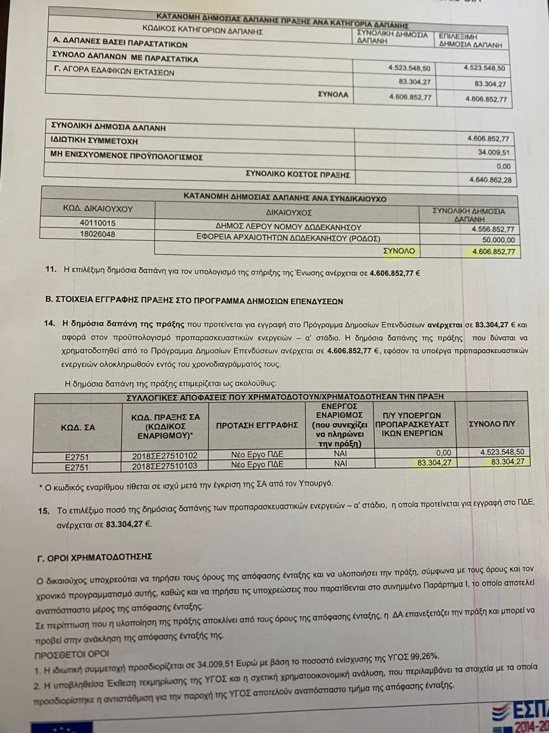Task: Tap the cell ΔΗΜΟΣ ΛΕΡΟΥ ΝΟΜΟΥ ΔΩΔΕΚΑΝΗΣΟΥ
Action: tap(288, 227)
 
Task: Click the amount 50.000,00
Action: tap(498, 240)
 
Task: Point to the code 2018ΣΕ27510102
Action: tap(165, 456)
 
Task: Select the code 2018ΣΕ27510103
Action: tap(165, 467)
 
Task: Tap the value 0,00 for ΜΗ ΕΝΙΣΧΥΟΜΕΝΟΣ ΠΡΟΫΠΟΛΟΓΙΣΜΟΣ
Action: tap(503, 166)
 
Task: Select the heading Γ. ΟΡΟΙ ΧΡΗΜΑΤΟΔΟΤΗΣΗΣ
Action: tap(95, 557)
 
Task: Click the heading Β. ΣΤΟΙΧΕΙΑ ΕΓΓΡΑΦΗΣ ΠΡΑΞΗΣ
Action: tap(194, 301)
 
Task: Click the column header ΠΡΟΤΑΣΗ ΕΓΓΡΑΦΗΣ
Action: tap(257, 425)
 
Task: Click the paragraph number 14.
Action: tap(49, 324)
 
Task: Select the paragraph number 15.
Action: tap(44, 511)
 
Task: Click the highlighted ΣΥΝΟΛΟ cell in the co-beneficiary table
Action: tap(399, 251)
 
